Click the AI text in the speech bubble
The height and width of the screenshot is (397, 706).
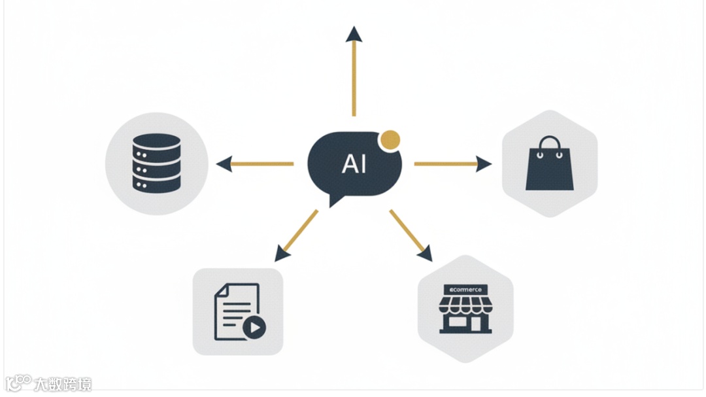pos(354,164)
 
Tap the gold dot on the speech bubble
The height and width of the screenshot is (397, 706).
pos(390,139)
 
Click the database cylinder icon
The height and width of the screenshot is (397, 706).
pos(156,163)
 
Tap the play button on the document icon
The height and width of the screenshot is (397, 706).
pos(255,328)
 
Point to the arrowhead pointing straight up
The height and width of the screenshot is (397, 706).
pos(354,34)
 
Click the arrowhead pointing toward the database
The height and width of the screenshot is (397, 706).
pos(224,164)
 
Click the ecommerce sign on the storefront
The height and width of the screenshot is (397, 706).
pos(465,289)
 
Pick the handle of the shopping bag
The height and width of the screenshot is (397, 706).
pos(550,143)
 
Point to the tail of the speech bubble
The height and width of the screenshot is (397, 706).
pos(335,198)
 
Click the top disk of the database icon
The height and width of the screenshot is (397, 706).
pos(156,141)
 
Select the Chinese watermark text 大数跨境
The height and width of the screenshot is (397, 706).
pos(63,384)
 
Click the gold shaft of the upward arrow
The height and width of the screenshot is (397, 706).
pos(354,78)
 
